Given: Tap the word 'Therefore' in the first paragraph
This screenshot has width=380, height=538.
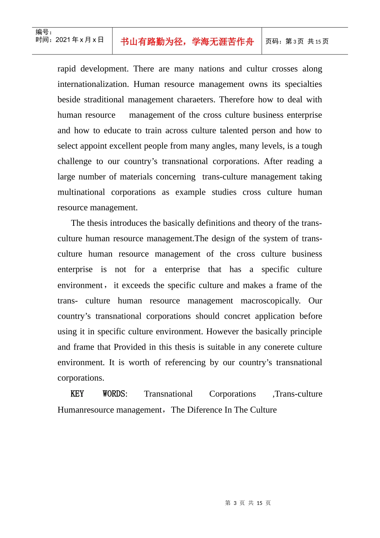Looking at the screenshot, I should [x=236, y=100].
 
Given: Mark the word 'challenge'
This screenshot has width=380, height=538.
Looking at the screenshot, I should [x=74, y=161].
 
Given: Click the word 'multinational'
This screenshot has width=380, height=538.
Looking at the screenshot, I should [x=81, y=192].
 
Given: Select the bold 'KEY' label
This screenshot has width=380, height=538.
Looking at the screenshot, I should [x=77, y=394].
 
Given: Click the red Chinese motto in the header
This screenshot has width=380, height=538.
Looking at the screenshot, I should [x=187, y=42].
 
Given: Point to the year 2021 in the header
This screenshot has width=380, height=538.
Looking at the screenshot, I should [x=63, y=40].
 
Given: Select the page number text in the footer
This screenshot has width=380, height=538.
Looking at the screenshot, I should [x=248, y=503].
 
